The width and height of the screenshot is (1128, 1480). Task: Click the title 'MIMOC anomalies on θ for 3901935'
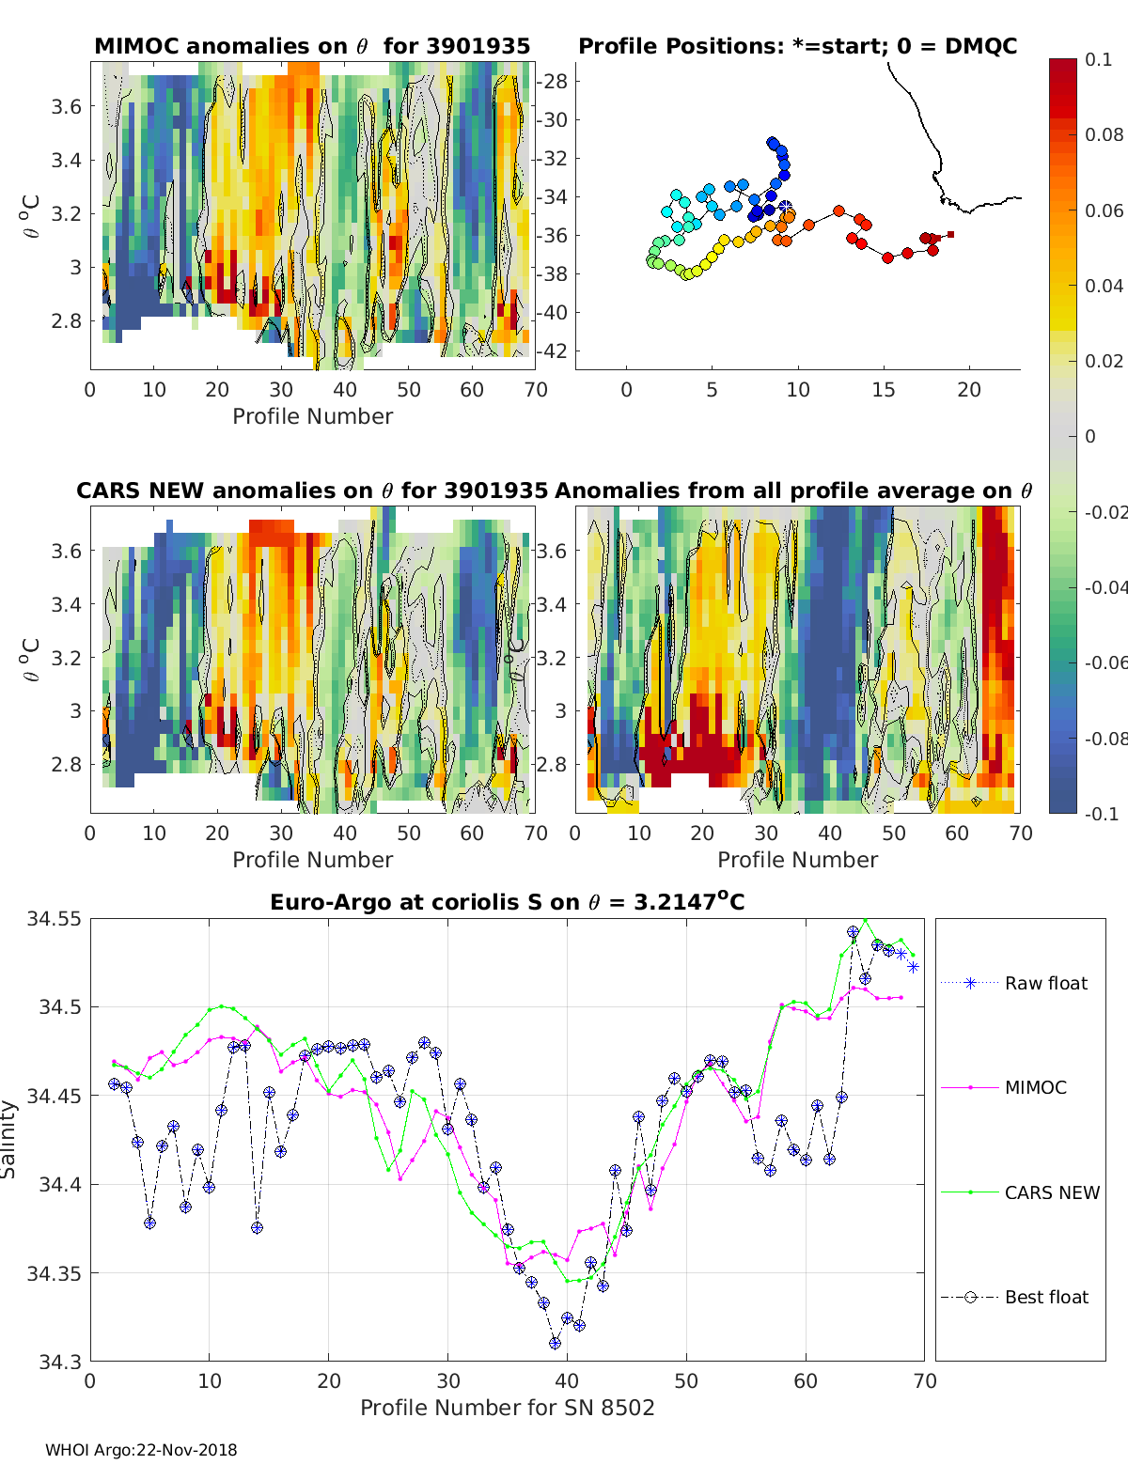pyautogui.click(x=312, y=46)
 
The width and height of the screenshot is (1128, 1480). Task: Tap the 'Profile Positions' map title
pyautogui.click(x=797, y=46)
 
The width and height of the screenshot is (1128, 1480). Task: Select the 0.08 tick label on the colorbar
pyautogui.click(x=1104, y=134)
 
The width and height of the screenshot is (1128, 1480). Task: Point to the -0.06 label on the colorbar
pyautogui.click(x=1105, y=662)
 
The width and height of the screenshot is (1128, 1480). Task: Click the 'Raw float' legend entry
pyautogui.click(x=1045, y=983)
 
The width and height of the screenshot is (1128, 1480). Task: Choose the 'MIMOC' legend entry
pyautogui.click(x=1035, y=1087)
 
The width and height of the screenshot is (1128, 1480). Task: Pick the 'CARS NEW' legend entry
pyautogui.click(x=1052, y=1192)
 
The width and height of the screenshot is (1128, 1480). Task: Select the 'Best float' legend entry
pyautogui.click(x=1046, y=1297)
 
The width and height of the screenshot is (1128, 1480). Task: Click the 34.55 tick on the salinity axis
pyautogui.click(x=54, y=919)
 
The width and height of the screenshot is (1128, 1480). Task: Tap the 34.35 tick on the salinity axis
pyautogui.click(x=54, y=1273)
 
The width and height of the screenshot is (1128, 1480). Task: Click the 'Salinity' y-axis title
pyautogui.click(x=9, y=1139)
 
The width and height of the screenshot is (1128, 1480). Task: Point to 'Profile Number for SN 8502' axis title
pyautogui.click(x=507, y=1407)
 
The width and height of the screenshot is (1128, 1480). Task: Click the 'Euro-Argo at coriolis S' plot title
pyautogui.click(x=507, y=902)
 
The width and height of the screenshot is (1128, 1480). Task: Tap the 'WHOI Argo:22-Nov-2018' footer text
pyautogui.click(x=141, y=1450)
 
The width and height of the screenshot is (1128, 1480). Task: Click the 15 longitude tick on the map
pyautogui.click(x=884, y=390)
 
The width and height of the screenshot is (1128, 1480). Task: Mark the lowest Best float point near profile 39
pyautogui.click(x=556, y=1343)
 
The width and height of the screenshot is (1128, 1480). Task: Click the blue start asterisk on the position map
pyautogui.click(x=785, y=207)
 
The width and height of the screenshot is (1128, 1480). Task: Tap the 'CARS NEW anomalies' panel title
pyautogui.click(x=311, y=491)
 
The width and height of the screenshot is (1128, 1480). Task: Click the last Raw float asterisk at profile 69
pyautogui.click(x=913, y=967)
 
